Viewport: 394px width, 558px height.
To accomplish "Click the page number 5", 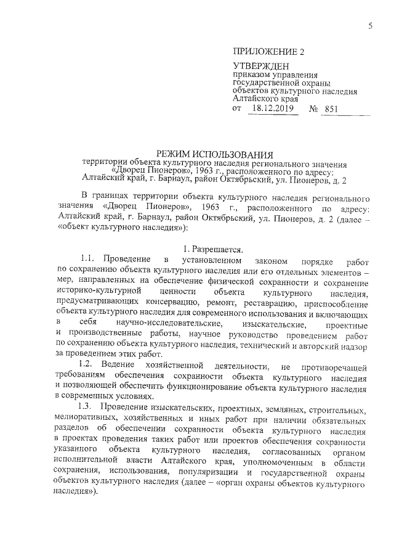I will pos(371,25).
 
